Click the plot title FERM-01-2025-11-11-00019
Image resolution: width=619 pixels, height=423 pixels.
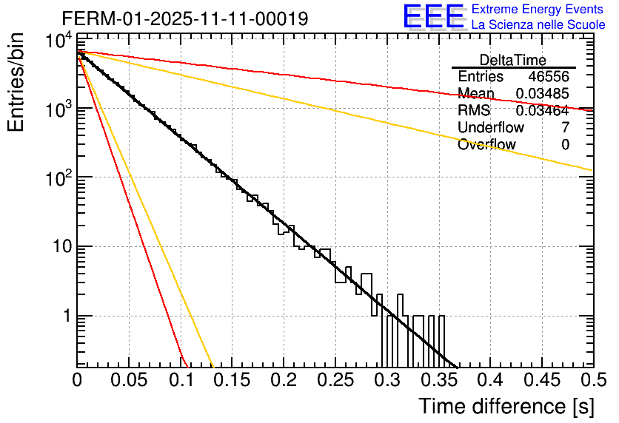click(x=185, y=18)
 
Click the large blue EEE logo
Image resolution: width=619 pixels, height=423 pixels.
click(x=433, y=17)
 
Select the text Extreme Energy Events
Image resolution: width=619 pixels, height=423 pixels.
click(x=537, y=10)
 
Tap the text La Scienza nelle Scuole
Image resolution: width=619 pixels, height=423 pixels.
click(x=538, y=24)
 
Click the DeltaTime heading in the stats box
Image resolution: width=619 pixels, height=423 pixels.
click(x=513, y=60)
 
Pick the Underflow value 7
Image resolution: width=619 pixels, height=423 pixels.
click(x=566, y=128)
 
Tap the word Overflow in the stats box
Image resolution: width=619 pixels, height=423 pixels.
click(x=486, y=145)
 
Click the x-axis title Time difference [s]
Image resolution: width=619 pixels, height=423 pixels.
click(x=505, y=406)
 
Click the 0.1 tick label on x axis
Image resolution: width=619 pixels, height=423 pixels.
click(x=181, y=381)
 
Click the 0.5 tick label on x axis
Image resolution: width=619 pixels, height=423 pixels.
click(x=592, y=381)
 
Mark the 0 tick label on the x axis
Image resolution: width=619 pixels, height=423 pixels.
click(x=78, y=381)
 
